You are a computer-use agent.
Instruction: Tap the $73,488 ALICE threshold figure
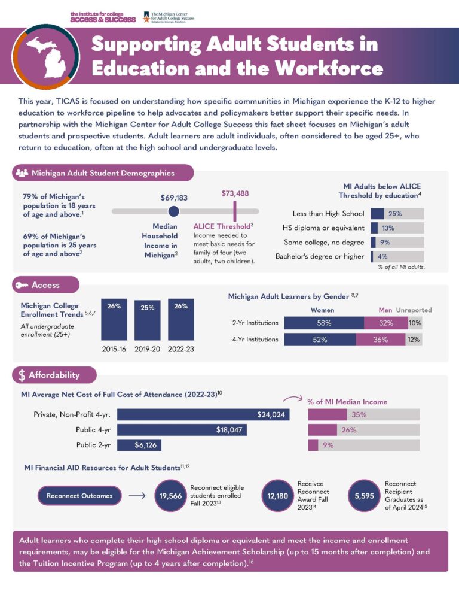235,193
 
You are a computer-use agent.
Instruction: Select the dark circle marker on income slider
173,211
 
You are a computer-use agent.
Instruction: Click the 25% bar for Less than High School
378,213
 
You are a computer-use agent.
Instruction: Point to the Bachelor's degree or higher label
319,257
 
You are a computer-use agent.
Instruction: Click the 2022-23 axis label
181,348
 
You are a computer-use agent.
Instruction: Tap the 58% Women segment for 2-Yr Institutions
324,323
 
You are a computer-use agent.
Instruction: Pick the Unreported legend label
414,310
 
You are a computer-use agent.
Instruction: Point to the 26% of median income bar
323,430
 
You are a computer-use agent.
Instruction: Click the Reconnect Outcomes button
79,495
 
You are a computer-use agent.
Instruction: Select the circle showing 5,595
364,496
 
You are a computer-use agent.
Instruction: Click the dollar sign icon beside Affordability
22,375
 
